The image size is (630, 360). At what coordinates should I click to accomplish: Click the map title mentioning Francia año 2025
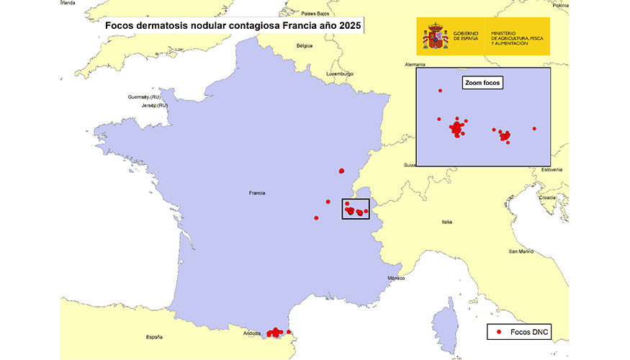tap(233, 26)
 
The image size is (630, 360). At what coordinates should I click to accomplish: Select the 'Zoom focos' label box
tap(482, 83)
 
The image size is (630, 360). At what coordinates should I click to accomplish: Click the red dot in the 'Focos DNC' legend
tap(499, 333)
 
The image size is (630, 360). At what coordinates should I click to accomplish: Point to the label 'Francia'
tap(257, 193)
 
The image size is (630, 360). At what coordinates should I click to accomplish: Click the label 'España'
tap(154, 337)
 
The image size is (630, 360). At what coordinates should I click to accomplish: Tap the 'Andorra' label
tap(251, 333)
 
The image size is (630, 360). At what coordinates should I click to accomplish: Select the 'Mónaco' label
tap(396, 278)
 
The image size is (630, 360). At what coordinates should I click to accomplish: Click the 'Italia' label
tap(446, 222)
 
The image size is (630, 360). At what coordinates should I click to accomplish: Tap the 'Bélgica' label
tap(305, 45)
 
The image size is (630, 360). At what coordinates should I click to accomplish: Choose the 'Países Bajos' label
tap(315, 14)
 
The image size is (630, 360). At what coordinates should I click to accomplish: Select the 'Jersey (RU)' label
tap(154, 105)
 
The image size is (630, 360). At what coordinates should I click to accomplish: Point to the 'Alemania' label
tap(415, 64)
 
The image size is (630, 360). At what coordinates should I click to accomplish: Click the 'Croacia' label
tap(546, 197)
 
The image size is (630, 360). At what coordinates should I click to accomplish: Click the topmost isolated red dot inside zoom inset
tap(440, 91)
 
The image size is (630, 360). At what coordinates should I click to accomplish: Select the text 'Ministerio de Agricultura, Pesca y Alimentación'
tap(519, 38)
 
